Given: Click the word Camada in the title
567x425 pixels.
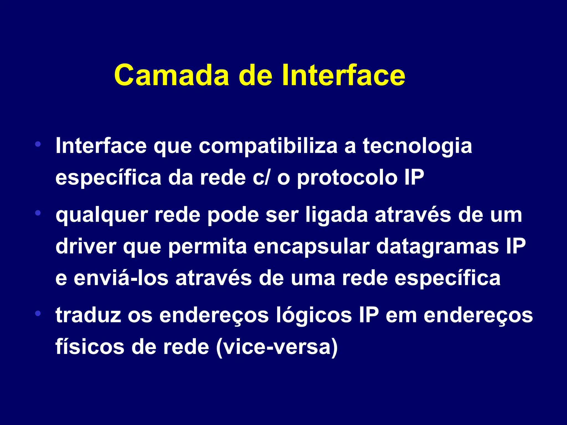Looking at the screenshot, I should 172,75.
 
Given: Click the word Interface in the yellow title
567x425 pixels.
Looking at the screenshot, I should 343,75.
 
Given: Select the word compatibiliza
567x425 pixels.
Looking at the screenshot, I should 268,146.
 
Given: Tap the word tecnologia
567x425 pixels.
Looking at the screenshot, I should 417,146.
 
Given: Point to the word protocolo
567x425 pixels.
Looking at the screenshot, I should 347,178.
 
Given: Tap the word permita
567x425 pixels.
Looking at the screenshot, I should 207,247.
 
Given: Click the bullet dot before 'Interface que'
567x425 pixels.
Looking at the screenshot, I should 38,144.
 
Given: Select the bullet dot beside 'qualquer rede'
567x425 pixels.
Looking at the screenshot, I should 38,213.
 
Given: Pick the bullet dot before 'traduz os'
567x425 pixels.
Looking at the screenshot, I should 38,313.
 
